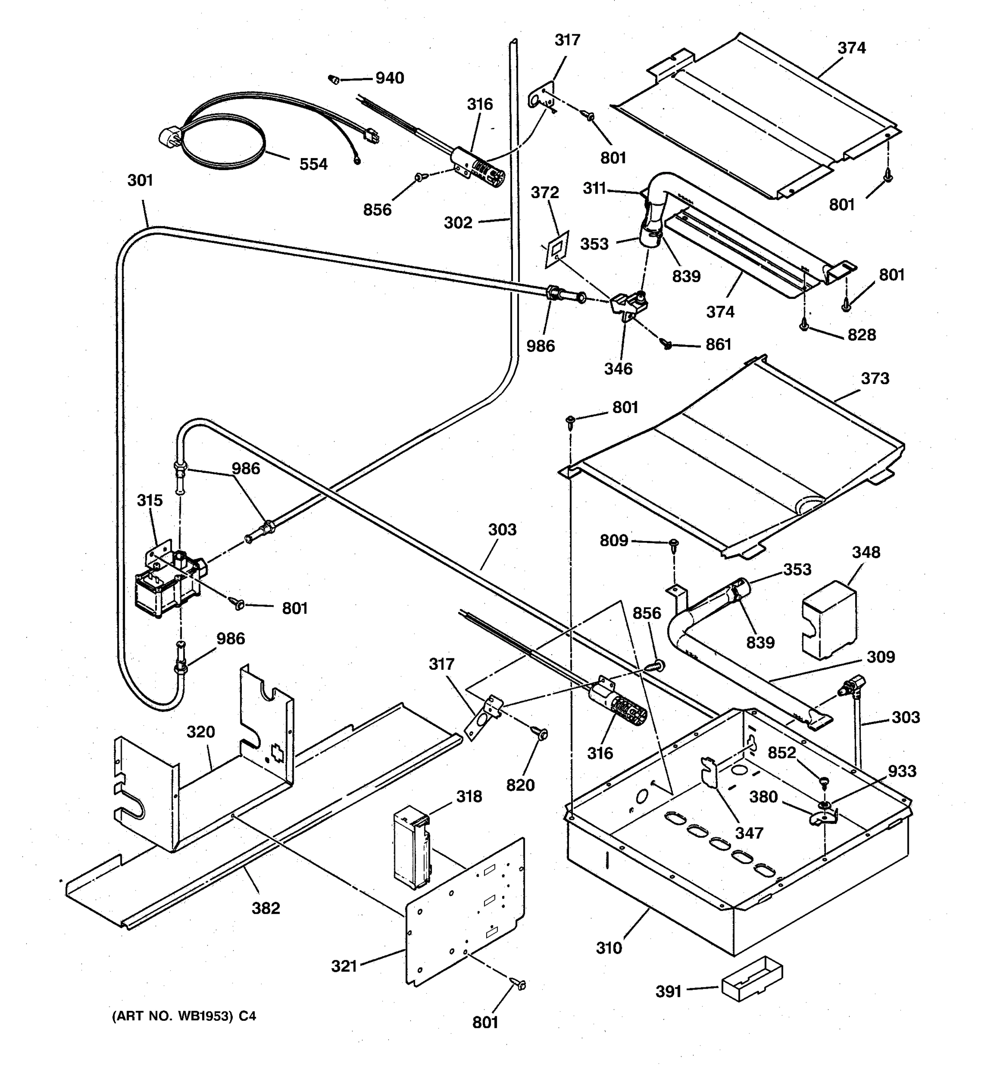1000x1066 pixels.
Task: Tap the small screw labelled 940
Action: click(x=334, y=80)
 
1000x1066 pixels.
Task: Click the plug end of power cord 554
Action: click(x=168, y=137)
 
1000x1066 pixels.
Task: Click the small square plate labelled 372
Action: click(x=556, y=249)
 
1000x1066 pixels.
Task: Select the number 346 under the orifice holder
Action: click(x=618, y=369)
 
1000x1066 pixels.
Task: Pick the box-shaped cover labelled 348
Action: click(x=828, y=619)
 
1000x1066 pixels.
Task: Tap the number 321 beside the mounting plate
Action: click(x=344, y=966)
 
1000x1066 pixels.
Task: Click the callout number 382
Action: click(x=266, y=908)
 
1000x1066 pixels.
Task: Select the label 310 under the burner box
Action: click(x=609, y=948)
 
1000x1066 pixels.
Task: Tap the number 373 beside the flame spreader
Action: click(x=875, y=378)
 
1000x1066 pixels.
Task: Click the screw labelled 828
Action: click(x=804, y=326)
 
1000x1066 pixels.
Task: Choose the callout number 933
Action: click(x=902, y=772)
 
